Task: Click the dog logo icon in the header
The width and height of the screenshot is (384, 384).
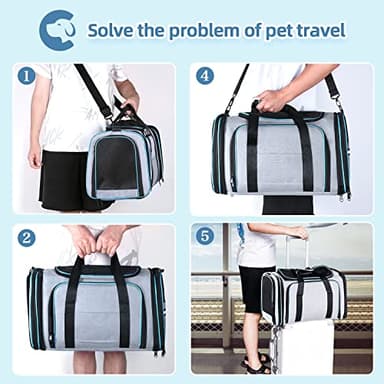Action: click(x=56, y=29)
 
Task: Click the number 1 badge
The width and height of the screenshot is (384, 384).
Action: click(x=27, y=75)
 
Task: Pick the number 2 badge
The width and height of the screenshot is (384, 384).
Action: click(x=27, y=237)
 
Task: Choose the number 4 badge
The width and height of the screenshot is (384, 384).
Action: click(x=205, y=75)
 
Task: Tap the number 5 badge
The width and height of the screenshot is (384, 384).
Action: click(x=205, y=237)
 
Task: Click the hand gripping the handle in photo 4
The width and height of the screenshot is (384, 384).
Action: click(x=271, y=99)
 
